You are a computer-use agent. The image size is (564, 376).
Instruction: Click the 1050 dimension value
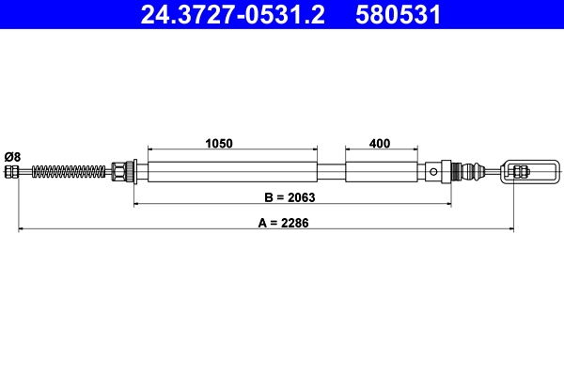click(219, 144)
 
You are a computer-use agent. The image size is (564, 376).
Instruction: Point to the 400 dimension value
click(380, 144)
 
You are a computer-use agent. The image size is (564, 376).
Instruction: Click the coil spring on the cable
click(70, 171)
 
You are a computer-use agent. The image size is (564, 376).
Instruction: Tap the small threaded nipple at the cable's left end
click(12, 171)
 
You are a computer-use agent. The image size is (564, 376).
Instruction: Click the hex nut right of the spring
click(119, 171)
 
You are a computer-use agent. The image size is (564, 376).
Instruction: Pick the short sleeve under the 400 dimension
click(381, 171)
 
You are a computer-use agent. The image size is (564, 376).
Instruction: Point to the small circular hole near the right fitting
click(431, 171)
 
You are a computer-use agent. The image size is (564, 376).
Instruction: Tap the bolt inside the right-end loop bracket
click(520, 171)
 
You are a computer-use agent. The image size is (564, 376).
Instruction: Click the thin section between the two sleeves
click(331, 171)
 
